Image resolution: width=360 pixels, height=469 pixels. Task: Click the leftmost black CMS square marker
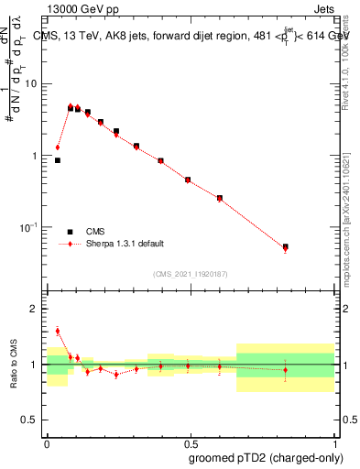click(58, 160)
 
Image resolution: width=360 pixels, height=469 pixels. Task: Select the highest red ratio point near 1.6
click(58, 331)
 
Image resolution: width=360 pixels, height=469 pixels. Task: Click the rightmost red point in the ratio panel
click(286, 370)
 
